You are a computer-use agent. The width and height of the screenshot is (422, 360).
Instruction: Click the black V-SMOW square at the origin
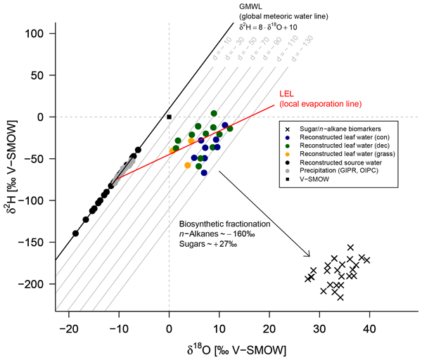tap(169, 116)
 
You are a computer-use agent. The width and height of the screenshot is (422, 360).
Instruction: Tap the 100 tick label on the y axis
tap(36, 33)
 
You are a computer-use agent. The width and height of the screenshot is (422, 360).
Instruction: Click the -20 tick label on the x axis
tap(68, 328)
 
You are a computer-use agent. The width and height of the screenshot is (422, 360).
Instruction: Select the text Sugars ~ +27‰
tap(210, 243)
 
